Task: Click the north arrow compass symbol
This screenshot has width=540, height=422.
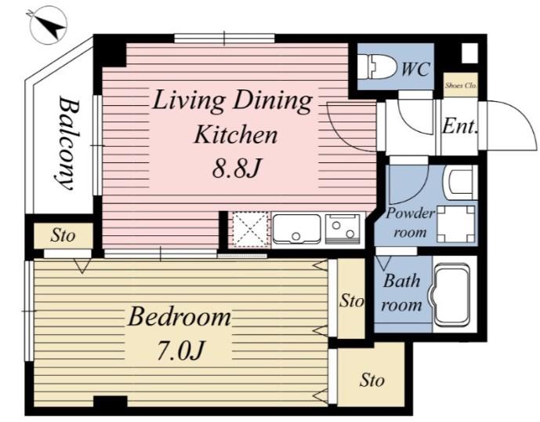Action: [x=48, y=27]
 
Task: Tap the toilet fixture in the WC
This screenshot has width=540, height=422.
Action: [x=376, y=67]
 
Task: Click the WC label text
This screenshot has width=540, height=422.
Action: [x=415, y=69]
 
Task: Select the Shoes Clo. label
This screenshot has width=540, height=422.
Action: [x=460, y=85]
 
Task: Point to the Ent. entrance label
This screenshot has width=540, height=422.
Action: [x=460, y=126]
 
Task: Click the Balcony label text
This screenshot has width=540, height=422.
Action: [x=67, y=143]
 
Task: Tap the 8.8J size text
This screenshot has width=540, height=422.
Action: [x=236, y=168]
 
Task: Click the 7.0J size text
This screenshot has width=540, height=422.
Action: [x=181, y=351]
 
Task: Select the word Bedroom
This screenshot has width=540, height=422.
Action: [x=179, y=317]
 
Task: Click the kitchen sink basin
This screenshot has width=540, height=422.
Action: [x=296, y=229]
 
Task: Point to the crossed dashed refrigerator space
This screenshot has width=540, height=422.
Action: [x=250, y=229]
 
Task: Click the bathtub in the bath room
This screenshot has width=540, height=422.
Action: [x=451, y=295]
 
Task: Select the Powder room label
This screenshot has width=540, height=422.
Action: [x=410, y=223]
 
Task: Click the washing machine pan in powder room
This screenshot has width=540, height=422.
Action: [x=456, y=224]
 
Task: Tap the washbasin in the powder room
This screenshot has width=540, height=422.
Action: [x=459, y=183]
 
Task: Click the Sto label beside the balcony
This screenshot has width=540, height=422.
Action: [x=63, y=236]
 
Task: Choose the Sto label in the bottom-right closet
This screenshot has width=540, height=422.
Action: [x=372, y=380]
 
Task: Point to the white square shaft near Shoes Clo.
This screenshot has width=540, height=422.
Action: [x=469, y=53]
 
